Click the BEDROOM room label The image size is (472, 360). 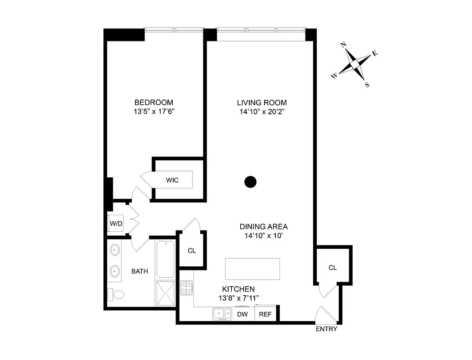[154, 103]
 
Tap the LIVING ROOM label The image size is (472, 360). [263, 103]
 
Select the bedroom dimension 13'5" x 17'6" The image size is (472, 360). [154, 112]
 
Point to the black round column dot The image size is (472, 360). [250, 182]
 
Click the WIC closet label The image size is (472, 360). [172, 180]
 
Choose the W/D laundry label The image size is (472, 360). [116, 224]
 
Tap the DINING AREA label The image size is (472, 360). [263, 227]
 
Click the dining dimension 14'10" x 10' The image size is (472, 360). [263, 235]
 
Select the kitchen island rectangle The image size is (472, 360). [252, 269]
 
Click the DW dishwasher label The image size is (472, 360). [242, 314]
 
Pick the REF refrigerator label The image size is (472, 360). [265, 314]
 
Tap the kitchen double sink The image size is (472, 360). [220, 314]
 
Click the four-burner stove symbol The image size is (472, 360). [187, 288]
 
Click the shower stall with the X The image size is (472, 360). [165, 293]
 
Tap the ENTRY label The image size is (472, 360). [326, 329]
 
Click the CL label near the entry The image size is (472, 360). [333, 268]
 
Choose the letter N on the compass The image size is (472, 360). [343, 45]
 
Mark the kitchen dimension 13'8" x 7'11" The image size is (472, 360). [238, 297]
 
